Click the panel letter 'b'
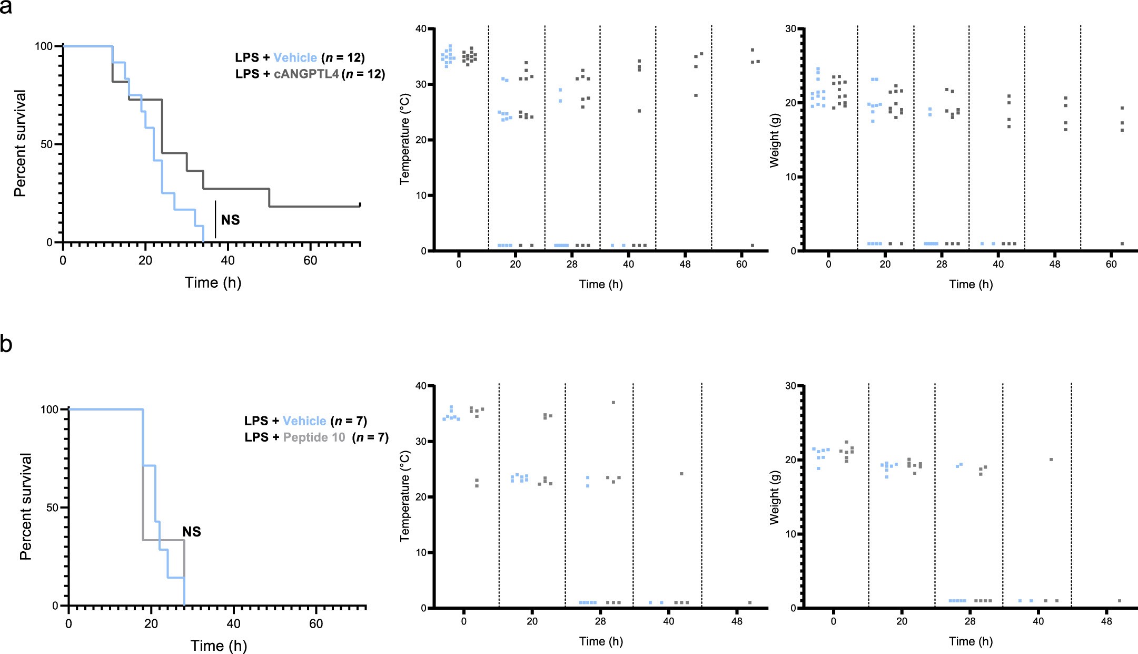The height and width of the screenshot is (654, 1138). pos(6,345)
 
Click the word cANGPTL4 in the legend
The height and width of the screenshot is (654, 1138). pos(306,74)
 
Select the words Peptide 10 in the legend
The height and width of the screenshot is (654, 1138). pos(314,437)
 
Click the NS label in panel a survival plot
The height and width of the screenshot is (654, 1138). pos(230,220)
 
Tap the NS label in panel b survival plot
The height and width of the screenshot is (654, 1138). pos(192,532)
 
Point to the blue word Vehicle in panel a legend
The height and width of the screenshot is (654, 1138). pos(295,57)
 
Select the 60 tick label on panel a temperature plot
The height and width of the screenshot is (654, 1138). pos(741,264)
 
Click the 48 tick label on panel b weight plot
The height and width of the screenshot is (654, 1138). pos(1106,621)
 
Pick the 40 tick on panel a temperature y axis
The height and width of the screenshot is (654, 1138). pos(421,28)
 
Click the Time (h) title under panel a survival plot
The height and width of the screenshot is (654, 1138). pos(213,283)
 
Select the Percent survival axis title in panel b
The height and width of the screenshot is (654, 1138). pos(26,506)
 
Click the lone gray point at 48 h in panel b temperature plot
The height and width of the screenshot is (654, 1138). pos(749,602)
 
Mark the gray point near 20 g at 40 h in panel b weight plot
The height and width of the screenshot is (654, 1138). pos(1051,460)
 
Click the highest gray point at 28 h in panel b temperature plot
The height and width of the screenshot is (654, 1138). pos(613,403)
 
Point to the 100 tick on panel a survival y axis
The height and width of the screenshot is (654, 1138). pos(44,46)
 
